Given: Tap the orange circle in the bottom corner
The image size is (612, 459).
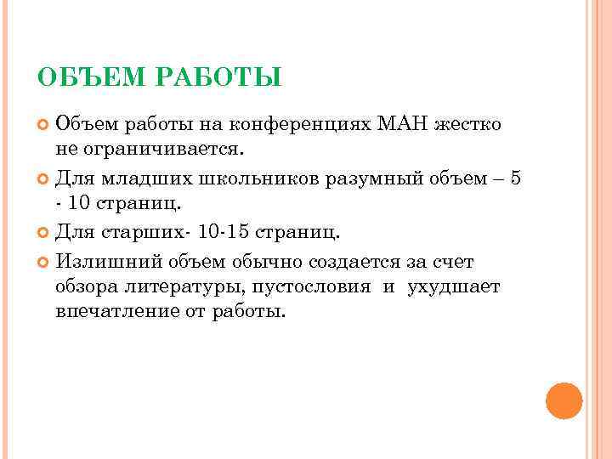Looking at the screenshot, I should click(x=564, y=400).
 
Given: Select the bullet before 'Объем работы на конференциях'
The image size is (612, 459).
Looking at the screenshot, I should click(x=44, y=126).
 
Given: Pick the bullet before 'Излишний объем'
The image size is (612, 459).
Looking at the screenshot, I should click(x=44, y=261).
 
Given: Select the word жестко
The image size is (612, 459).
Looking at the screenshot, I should click(x=468, y=125).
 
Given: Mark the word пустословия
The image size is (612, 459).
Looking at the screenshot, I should click(x=309, y=286).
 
